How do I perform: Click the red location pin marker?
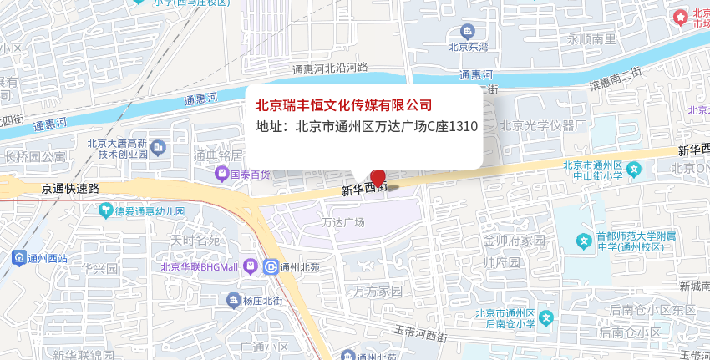pos(378,177)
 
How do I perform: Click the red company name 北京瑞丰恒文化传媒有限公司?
pos(343,105)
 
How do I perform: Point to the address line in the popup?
pos(366,127)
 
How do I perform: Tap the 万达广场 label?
pos(343,222)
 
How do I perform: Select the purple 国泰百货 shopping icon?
pos(221,175)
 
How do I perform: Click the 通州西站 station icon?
pos(18,258)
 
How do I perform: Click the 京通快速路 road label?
pos(70,189)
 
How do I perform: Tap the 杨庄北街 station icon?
pos(232,300)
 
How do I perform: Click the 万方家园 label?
pos(378,292)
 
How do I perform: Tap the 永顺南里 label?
pos(591,39)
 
